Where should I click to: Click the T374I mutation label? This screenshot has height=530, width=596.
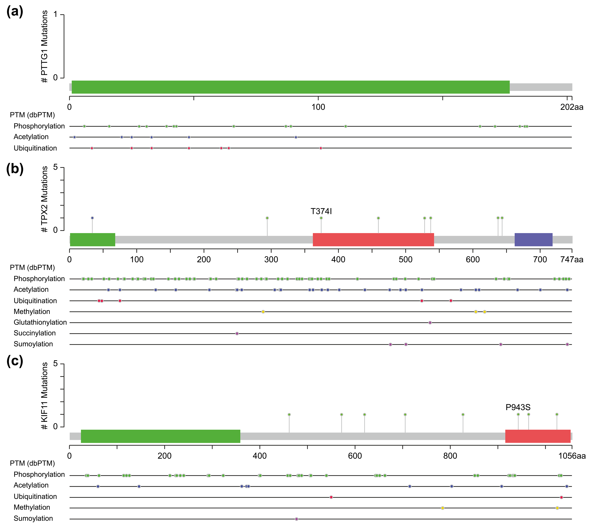321,211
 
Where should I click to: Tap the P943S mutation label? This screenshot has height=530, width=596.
518,407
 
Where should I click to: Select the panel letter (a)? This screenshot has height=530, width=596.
15,12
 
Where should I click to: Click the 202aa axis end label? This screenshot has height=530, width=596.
572,107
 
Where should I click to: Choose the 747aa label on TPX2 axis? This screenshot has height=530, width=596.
572,260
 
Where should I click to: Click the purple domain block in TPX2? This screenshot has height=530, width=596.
533,240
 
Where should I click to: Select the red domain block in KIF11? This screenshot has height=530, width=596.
538,436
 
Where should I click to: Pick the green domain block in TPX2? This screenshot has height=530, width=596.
92,240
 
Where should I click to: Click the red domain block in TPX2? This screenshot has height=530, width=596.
373,240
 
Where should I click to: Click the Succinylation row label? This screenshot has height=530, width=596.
35,333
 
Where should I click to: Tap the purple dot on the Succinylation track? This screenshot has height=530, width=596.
237,333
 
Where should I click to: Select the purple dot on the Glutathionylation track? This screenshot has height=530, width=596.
430,323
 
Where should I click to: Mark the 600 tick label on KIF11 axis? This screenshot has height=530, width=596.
355,456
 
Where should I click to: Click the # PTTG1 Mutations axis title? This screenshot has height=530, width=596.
44,47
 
